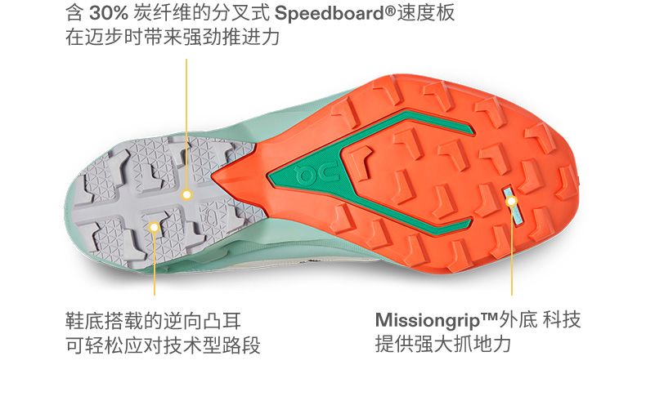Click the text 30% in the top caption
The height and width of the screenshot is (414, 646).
pos(107,13)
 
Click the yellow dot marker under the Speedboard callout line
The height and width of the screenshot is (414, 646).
pos(186,195)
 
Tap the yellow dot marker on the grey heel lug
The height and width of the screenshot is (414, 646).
pos(154,226)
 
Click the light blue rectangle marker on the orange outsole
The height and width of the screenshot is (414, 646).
pos(511,198)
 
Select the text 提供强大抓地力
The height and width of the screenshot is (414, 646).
pos(442,345)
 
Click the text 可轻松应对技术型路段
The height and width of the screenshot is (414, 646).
pos(163,345)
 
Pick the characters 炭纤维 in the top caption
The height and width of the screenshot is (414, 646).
pos(160,13)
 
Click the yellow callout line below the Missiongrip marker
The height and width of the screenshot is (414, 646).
pos(512,253)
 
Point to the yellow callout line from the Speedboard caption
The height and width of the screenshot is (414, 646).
pos(186,122)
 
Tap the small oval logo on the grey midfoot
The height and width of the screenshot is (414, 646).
pos(212,216)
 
